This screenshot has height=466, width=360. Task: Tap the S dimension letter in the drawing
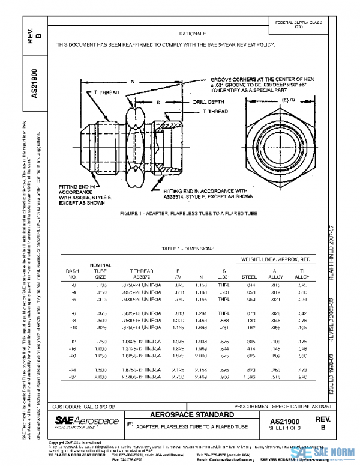tap(158, 103)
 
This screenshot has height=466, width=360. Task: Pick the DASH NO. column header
tap(72, 274)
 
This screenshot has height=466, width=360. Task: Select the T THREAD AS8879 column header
tap(139, 274)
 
